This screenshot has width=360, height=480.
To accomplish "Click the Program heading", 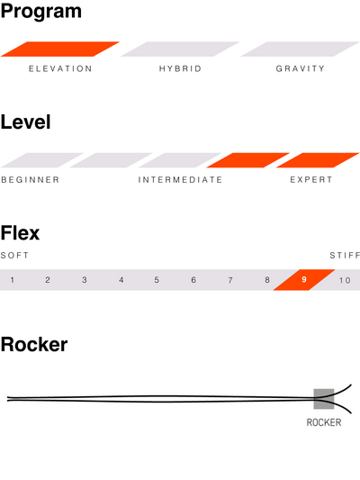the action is click(x=41, y=12).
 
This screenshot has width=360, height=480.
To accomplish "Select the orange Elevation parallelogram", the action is click(x=60, y=49).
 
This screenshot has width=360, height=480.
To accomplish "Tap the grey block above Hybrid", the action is click(x=180, y=49).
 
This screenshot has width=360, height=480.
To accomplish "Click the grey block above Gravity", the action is click(x=300, y=49).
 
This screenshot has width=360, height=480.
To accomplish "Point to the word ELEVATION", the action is click(x=60, y=68).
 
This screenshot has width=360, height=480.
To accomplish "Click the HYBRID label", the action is click(x=180, y=68).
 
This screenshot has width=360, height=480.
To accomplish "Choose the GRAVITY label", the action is click(x=300, y=68).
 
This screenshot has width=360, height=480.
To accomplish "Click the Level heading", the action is click(x=26, y=122).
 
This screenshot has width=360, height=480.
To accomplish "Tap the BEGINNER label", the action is click(x=31, y=180).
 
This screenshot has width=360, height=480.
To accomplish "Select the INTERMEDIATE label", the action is click(x=180, y=180).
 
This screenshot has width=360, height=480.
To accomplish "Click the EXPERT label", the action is click(x=311, y=180).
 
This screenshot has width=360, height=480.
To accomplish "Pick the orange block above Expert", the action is click(x=318, y=160).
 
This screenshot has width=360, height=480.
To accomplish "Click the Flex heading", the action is click(x=20, y=233).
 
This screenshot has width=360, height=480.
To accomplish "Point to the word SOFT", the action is click(x=14, y=255).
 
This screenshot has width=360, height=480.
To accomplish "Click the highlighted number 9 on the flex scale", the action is click(x=303, y=280).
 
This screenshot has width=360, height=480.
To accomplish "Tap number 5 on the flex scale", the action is click(x=157, y=280).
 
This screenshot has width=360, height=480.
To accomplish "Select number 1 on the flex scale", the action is click(x=12, y=280).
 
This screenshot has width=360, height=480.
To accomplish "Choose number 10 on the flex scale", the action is click(x=345, y=280).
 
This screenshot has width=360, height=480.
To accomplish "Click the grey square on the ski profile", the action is click(x=324, y=399).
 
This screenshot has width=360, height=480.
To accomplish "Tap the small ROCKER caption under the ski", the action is click(x=324, y=422).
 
